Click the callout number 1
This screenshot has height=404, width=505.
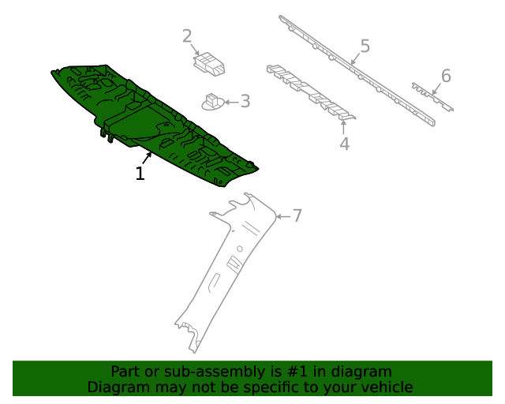[x=140, y=174]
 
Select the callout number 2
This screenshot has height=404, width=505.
[x=187, y=36]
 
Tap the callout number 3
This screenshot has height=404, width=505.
[x=245, y=101]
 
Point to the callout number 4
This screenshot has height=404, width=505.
[x=344, y=144]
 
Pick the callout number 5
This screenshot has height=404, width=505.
[x=365, y=46]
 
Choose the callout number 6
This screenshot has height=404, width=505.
[x=446, y=76]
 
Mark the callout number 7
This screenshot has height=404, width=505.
[x=297, y=215]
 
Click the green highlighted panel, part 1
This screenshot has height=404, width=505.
[x=150, y=118]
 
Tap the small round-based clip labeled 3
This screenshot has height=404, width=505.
[x=212, y=102]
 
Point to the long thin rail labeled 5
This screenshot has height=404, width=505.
[x=355, y=71]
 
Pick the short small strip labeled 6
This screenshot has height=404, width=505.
[x=432, y=96]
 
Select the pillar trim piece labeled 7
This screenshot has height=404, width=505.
[x=221, y=268]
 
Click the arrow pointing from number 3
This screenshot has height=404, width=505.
[x=231, y=102]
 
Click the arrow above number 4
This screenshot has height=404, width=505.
[x=343, y=126]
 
